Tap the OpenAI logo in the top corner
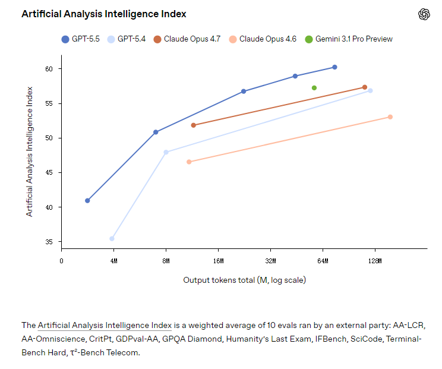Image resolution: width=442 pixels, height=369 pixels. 424,14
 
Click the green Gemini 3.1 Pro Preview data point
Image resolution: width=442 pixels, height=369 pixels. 314,88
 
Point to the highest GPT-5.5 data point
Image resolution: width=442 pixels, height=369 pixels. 334,67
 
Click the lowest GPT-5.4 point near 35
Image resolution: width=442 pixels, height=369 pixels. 112,239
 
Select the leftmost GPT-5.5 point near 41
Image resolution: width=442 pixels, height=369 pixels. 87,201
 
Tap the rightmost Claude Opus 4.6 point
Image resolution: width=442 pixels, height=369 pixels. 390,117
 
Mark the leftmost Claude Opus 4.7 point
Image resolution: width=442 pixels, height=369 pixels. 194,125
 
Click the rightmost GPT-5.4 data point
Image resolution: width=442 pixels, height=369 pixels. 370,90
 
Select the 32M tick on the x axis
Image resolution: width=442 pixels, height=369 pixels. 270,261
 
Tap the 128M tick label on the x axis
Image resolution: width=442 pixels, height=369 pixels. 375,261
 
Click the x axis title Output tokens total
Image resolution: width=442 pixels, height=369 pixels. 244,280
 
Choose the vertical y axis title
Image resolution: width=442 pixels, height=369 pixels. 29,152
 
